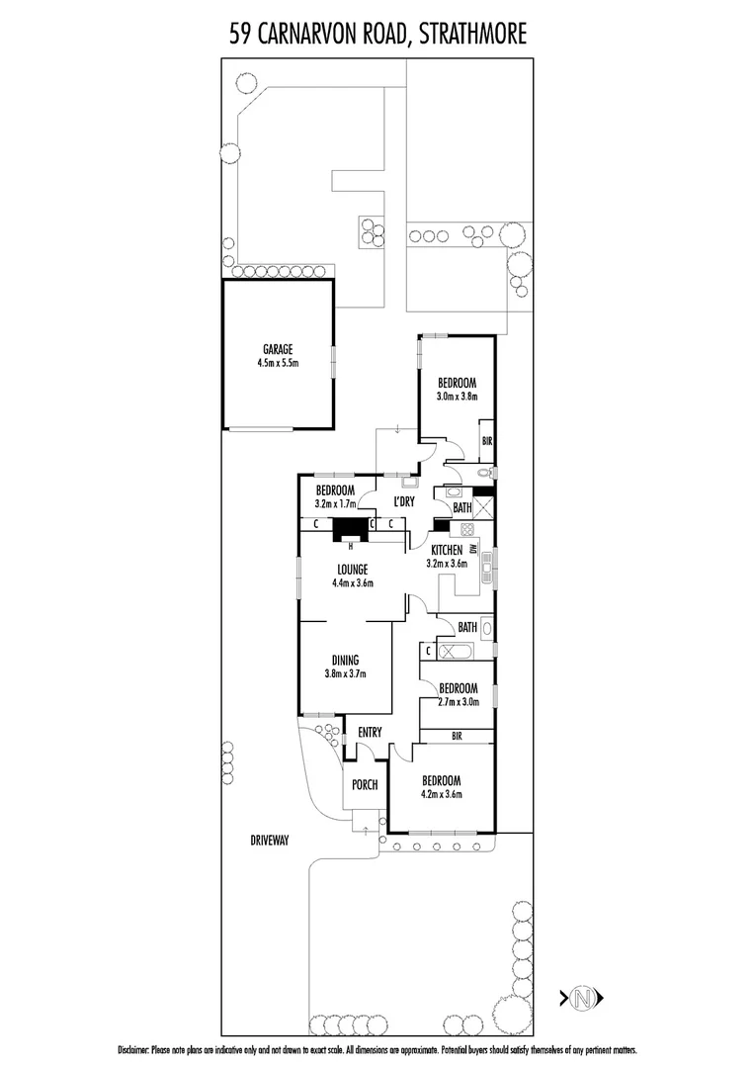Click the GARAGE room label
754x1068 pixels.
[x=277, y=349]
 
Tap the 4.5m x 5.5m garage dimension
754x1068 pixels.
[x=277, y=363]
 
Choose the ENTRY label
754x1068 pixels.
[x=370, y=733]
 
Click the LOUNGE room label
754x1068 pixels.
[x=352, y=570]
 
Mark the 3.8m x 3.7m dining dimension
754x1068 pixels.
[x=345, y=674]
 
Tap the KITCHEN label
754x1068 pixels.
[x=446, y=550]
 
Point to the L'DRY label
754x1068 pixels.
[x=403, y=501]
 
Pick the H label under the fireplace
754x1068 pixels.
[x=349, y=544]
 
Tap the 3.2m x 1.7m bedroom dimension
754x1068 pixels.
[x=335, y=503]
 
